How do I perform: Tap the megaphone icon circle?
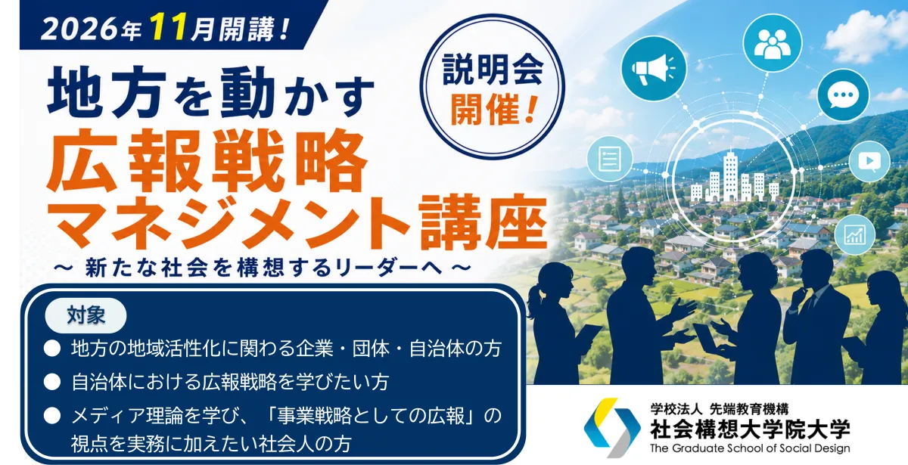click(x=654, y=67)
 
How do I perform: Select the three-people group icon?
click(x=773, y=43)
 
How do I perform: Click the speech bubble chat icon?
click(x=843, y=95)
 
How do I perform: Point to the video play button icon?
click(x=869, y=161)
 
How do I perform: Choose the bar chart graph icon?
click(x=855, y=235)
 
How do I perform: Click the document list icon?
click(x=610, y=158)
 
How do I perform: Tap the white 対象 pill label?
click(x=86, y=315)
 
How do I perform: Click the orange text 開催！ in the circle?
click(x=493, y=110)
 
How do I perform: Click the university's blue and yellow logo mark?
click(x=612, y=427)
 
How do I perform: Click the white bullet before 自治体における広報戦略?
click(x=52, y=382)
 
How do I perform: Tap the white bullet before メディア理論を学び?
click(x=52, y=416)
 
